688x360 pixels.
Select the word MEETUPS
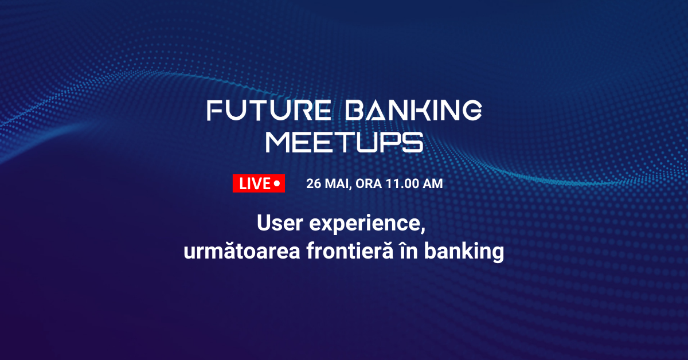[344, 142]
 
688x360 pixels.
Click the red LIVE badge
[259, 183]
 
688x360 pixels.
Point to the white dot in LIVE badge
[277, 183]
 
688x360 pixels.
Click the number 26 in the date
[314, 184]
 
